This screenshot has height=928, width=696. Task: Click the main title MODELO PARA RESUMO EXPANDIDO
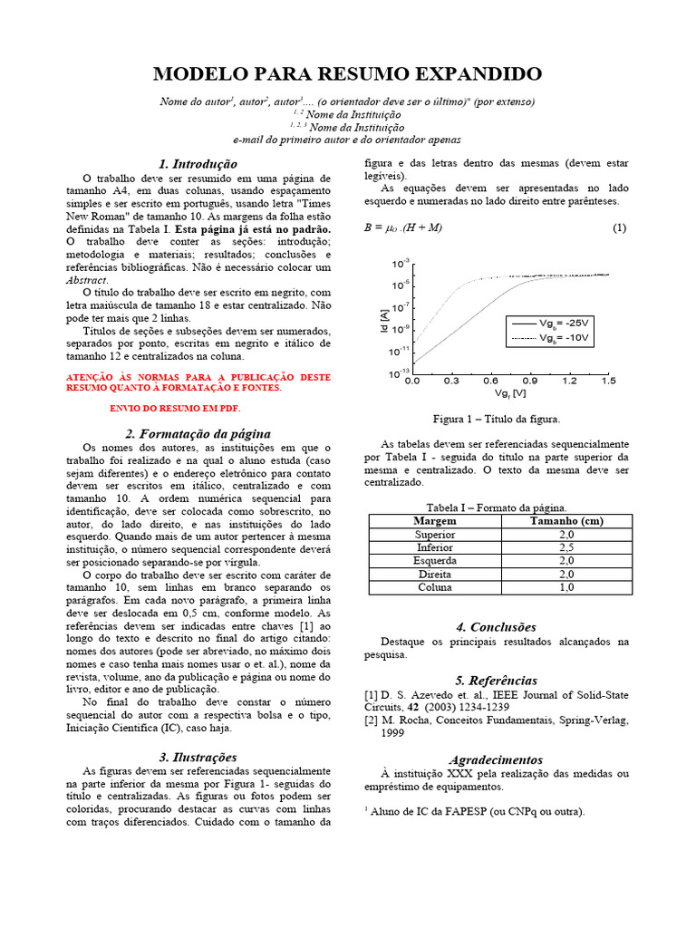pos(347,74)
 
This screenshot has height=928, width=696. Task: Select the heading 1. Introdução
pos(198,164)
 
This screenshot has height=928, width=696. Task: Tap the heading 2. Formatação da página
pos(198,434)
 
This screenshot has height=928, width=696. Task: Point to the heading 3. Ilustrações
pos(198,757)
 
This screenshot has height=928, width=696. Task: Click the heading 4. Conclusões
pos(496,627)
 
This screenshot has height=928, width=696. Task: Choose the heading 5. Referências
pos(496,681)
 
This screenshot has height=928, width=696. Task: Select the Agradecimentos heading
pos(496,759)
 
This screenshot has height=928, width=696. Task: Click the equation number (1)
pos(619,228)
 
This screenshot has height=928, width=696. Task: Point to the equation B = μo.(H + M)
pos(402,228)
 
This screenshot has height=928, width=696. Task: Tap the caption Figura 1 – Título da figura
pos(496,419)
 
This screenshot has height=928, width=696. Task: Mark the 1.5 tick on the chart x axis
pos(607,382)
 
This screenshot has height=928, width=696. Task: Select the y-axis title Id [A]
pos(383,319)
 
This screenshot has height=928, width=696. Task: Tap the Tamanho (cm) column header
pos(565,521)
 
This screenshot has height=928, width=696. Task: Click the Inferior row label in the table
pos(434,548)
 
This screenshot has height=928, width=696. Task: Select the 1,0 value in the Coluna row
pos(565,587)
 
